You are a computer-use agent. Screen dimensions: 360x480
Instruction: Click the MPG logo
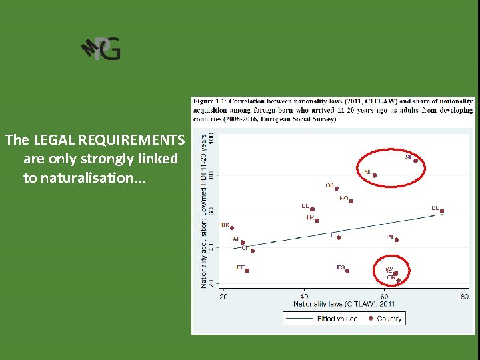click(x=101, y=49)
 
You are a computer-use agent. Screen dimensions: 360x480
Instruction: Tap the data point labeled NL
click(x=375, y=175)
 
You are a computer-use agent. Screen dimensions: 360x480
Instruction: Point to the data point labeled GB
click(x=337, y=189)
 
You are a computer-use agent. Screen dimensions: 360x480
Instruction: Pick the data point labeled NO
click(x=351, y=201)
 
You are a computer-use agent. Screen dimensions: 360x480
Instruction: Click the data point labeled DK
click(x=232, y=228)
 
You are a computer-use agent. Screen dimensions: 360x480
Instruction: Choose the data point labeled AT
click(x=243, y=242)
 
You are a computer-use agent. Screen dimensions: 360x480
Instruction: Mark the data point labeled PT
click(x=397, y=239)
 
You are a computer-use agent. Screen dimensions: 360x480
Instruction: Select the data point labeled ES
click(x=347, y=271)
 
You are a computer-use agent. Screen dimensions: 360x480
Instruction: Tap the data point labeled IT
click(x=339, y=237)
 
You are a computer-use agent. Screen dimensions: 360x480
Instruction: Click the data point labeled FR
click(x=317, y=221)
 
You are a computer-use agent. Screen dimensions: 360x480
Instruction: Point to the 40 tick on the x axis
click(x=304, y=296)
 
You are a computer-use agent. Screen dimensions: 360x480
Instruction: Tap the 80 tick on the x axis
click(x=464, y=296)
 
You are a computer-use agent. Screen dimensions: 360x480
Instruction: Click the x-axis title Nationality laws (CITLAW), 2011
click(x=344, y=305)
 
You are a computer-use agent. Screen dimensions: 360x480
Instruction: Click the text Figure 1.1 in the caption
click(x=208, y=101)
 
